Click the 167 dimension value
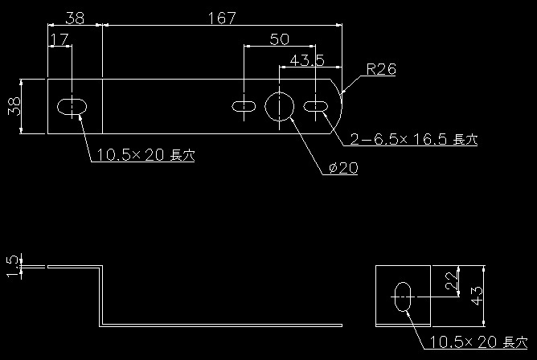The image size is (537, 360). point(222,18)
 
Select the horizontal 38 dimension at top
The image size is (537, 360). point(75,18)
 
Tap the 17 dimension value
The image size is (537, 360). point(59,39)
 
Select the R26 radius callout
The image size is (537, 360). point(380,70)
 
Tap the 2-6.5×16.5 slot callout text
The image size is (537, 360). point(412,140)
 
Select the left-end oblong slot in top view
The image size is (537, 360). point(72,106)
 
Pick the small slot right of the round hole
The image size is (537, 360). point(316,106)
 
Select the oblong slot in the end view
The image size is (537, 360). point(403,295)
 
